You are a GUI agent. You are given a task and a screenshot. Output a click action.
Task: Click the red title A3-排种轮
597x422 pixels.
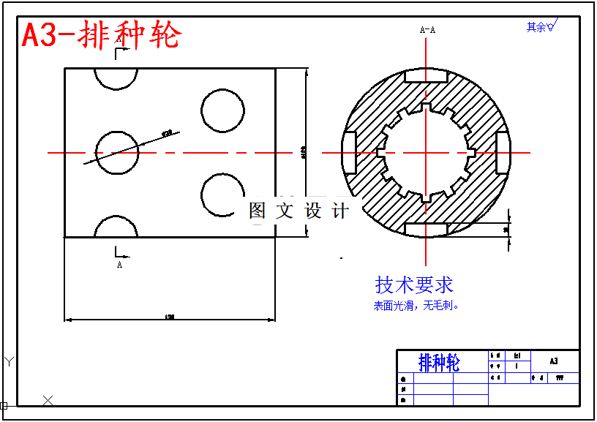pyautogui.click(x=101, y=34)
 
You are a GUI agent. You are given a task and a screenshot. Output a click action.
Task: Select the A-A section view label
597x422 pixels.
pyautogui.click(x=427, y=30)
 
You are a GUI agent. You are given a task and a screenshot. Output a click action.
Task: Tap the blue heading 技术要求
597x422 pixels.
pyautogui.click(x=414, y=285)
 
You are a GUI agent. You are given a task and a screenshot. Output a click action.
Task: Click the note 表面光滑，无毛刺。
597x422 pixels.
pyautogui.click(x=416, y=306)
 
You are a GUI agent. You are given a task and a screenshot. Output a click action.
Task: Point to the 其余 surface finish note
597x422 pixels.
pyautogui.click(x=541, y=27)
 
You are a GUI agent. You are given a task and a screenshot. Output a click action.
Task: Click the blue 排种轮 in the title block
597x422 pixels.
pyautogui.click(x=439, y=362)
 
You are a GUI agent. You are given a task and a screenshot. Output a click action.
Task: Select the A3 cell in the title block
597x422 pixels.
pyautogui.click(x=553, y=361)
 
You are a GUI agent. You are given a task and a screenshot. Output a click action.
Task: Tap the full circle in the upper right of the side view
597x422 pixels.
pyautogui.click(x=222, y=110)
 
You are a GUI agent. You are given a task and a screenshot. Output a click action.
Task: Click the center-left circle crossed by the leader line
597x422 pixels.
pyautogui.click(x=116, y=152)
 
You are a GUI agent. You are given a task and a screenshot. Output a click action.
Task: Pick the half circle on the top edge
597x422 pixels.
pyautogui.click(x=116, y=78)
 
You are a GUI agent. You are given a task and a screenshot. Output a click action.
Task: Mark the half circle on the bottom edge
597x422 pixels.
pyautogui.click(x=116, y=227)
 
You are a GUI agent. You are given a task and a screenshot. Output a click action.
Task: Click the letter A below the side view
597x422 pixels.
pyautogui.click(x=119, y=265)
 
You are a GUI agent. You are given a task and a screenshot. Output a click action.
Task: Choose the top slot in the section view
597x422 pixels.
pyautogui.click(x=426, y=77)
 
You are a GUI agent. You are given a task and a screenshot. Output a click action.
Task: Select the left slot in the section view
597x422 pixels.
pyautogui.click(x=350, y=153)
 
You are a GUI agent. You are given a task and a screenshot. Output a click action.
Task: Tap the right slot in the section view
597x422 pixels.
pyautogui.click(x=503, y=153)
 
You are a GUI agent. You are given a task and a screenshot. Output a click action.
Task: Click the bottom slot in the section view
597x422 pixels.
pyautogui.click(x=426, y=230)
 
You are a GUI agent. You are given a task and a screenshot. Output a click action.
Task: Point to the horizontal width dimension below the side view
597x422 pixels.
pyautogui.click(x=170, y=317)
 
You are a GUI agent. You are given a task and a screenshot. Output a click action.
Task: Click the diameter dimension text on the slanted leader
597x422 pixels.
pyautogui.click(x=166, y=134)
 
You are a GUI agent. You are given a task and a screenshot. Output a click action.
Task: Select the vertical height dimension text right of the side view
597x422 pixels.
pyautogui.click(x=304, y=153)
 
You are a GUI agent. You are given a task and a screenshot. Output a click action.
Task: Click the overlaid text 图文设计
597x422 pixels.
pyautogui.click(x=298, y=211)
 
